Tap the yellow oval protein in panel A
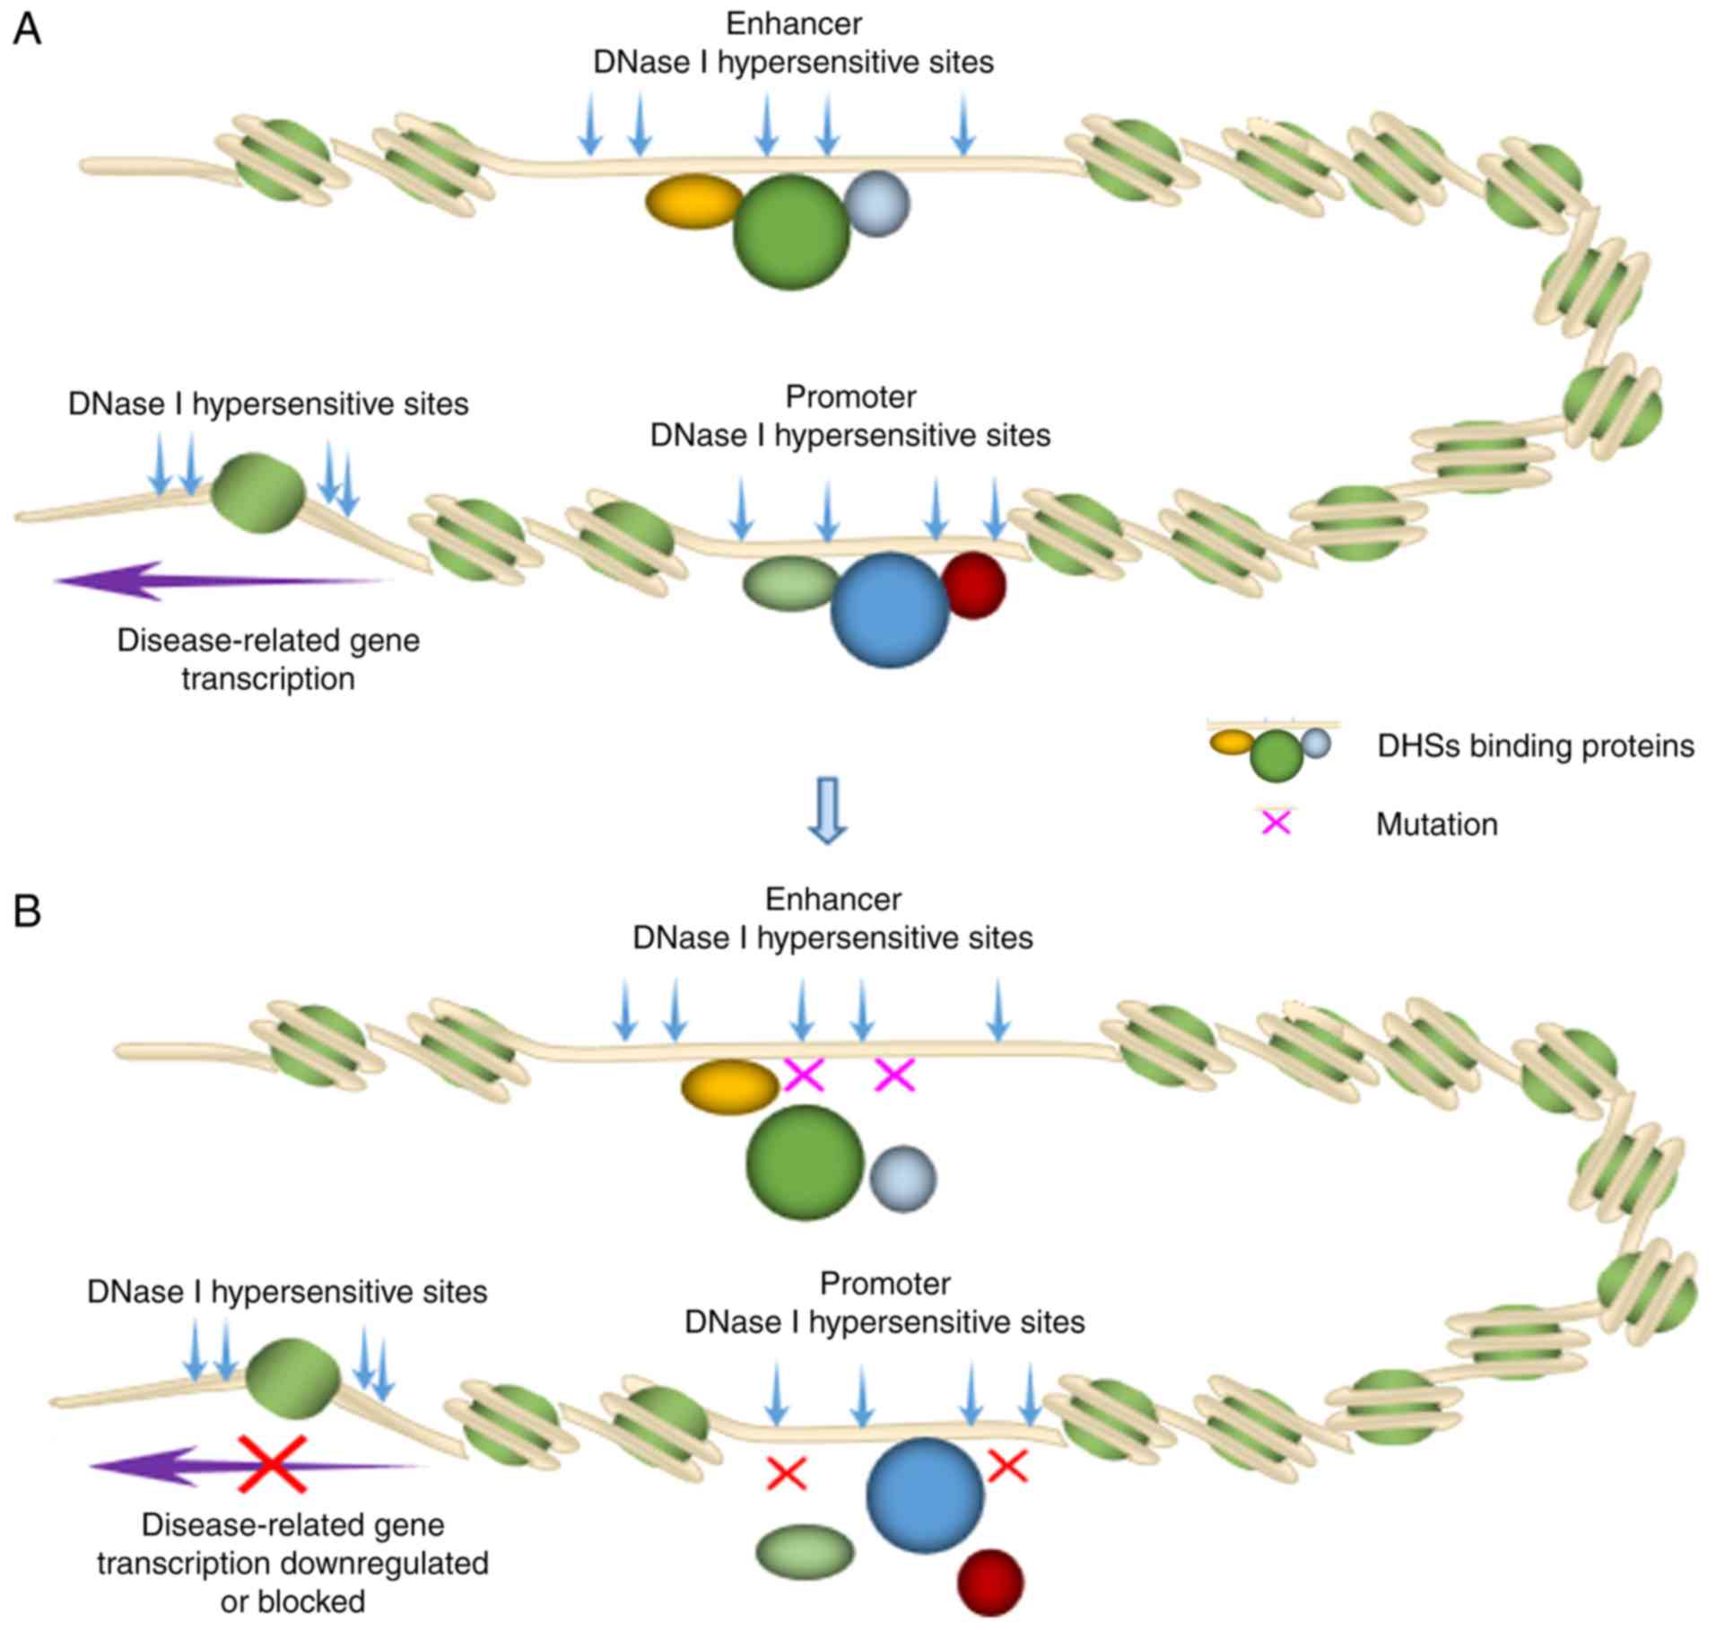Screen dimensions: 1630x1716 tap(693, 201)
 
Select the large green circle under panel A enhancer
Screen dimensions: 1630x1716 tap(791, 232)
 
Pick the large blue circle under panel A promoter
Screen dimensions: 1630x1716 tap(890, 610)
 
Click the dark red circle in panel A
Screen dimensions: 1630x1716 tap(975, 585)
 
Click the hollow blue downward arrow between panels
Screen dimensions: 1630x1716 tap(827, 810)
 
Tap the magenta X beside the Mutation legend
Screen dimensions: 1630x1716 tap(1276, 824)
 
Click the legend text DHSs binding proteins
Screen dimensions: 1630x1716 tap(1536, 746)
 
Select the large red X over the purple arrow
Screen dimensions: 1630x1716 tap(272, 1465)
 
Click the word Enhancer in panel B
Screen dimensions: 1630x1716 tap(832, 899)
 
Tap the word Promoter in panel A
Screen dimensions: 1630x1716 tap(850, 397)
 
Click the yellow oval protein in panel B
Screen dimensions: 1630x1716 tap(730, 1087)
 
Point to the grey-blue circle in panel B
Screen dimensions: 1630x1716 tap(903, 1179)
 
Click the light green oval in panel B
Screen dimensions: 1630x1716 tap(805, 1552)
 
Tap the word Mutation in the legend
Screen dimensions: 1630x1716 tap(1436, 824)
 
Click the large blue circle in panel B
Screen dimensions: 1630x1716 tap(925, 1495)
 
